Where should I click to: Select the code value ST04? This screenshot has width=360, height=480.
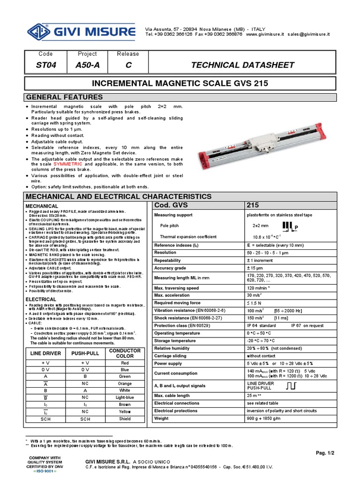[x=46, y=65]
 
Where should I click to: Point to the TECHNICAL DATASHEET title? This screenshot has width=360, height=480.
[x=242, y=65]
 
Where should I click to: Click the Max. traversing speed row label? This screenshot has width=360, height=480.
[x=176, y=288]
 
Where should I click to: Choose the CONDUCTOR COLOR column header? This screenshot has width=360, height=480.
[x=125, y=353]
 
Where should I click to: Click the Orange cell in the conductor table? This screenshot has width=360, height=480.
[x=125, y=382]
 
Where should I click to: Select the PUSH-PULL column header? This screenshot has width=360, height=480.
[x=85, y=353]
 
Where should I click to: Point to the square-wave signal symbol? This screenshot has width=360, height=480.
[x=290, y=386]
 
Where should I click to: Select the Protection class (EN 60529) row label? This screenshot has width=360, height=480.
[x=181, y=325]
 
